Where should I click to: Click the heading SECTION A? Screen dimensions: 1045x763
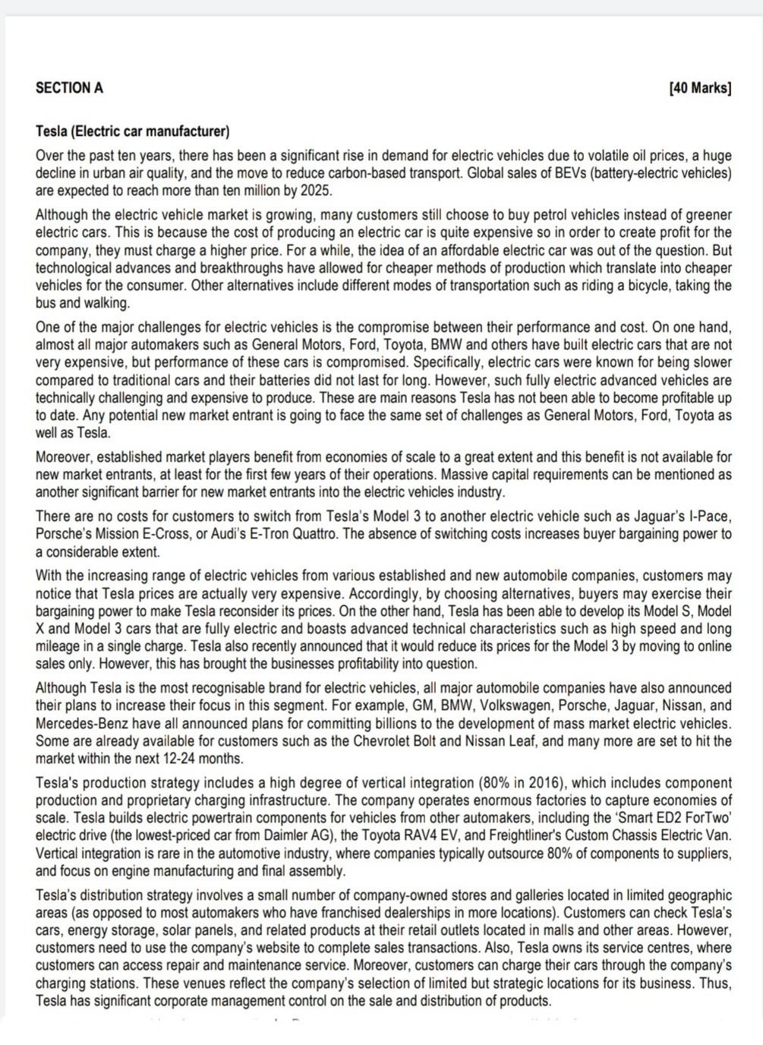69,88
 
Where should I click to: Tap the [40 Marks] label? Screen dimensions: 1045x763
700,88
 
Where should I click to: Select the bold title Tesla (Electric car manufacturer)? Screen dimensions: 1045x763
132,132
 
